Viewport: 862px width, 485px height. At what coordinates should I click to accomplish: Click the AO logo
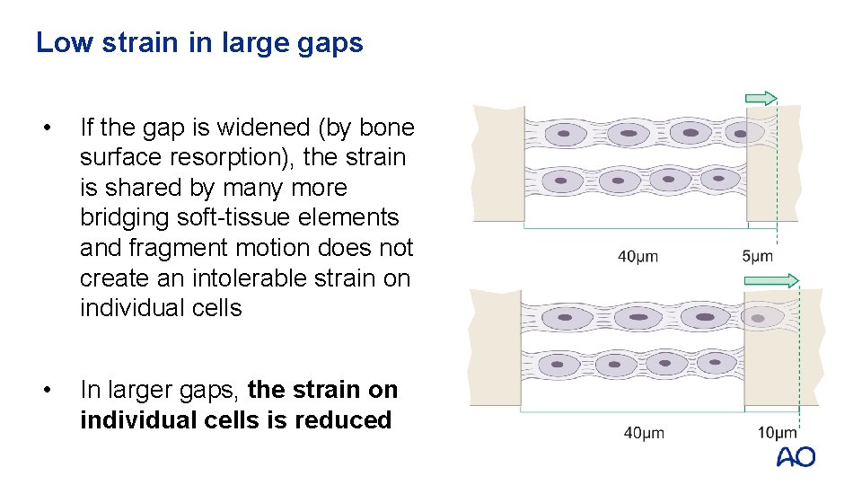pos(796,456)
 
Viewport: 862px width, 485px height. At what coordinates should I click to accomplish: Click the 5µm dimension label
pos(757,256)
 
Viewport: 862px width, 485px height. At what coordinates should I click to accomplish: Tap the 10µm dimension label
pos(777,433)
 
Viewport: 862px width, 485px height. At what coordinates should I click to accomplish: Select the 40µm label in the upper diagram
pos(638,256)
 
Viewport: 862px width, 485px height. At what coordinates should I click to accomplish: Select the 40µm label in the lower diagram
pos(644,433)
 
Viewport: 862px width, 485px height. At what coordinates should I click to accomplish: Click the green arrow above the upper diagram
pos(761,99)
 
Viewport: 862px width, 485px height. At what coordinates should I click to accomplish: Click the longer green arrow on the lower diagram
pos(771,281)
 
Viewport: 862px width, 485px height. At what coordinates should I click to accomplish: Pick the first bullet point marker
pos(57,128)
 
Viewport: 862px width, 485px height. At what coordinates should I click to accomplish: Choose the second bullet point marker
pos(57,390)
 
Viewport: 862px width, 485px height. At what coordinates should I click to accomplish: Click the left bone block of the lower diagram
pos(497,346)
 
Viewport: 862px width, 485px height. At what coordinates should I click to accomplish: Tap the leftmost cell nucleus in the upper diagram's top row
pos(564,134)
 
